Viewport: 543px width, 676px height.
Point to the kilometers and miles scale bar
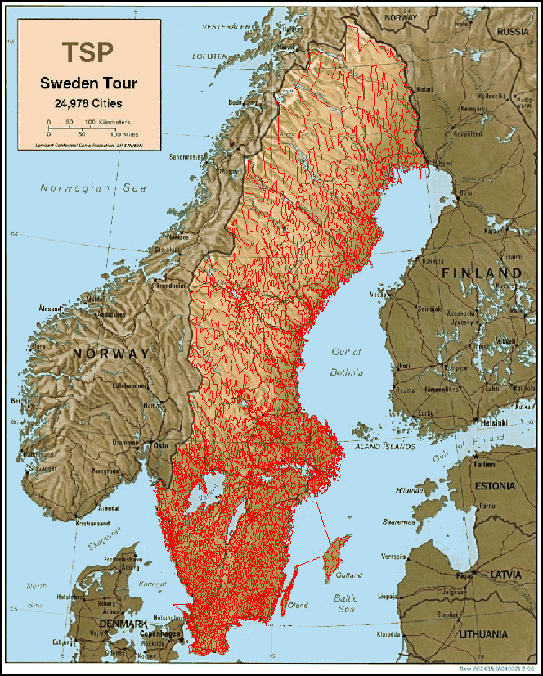tap(82, 127)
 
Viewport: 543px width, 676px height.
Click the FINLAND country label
tap(481, 273)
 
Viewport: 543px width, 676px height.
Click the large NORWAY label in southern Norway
tap(110, 354)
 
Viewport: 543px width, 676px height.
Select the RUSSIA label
tap(513, 32)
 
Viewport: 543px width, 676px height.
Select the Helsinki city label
tap(493, 422)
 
